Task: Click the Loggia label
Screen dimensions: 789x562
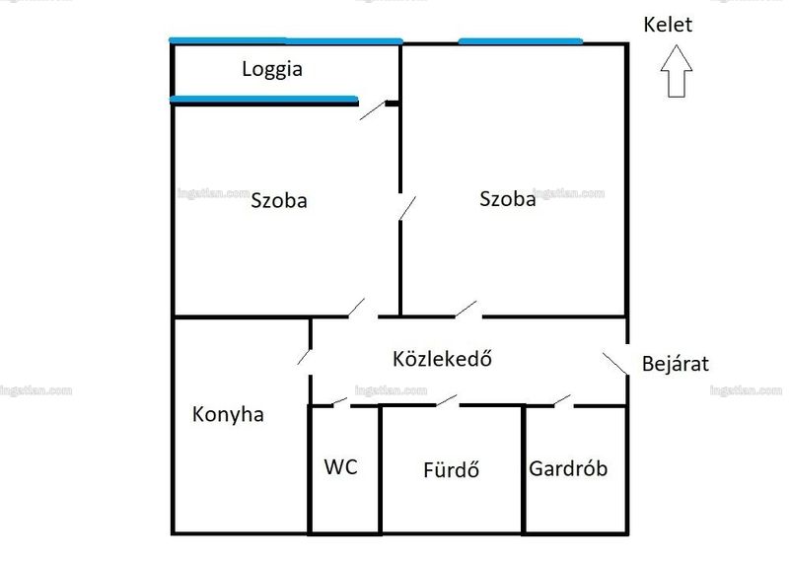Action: click(x=272, y=70)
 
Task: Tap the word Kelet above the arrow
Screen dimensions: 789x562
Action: click(x=668, y=25)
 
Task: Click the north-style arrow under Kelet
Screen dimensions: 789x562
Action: click(x=677, y=71)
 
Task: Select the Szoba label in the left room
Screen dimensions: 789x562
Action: click(x=279, y=200)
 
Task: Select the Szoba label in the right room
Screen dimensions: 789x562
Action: click(x=507, y=199)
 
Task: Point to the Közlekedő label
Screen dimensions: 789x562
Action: click(x=442, y=358)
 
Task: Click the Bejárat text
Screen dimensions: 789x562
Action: click(x=676, y=363)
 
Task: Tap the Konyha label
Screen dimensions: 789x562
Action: click(x=228, y=414)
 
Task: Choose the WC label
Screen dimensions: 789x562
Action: click(x=340, y=467)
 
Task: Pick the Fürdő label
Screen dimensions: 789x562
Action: click(x=451, y=469)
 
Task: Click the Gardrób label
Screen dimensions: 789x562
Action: click(x=568, y=468)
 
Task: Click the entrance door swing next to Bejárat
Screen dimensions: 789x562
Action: click(x=614, y=364)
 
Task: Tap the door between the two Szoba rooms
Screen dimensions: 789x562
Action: click(x=407, y=208)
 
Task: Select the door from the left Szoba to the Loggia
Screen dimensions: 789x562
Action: click(x=373, y=110)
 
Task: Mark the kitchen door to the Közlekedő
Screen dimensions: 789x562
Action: click(x=305, y=357)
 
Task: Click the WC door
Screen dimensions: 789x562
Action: click(x=339, y=401)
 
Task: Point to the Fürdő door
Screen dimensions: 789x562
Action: click(x=447, y=400)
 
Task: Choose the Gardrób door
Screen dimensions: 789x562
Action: click(x=562, y=400)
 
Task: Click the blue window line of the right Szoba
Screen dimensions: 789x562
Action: click(x=521, y=41)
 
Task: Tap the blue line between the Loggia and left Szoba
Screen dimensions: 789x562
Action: click(x=264, y=100)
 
